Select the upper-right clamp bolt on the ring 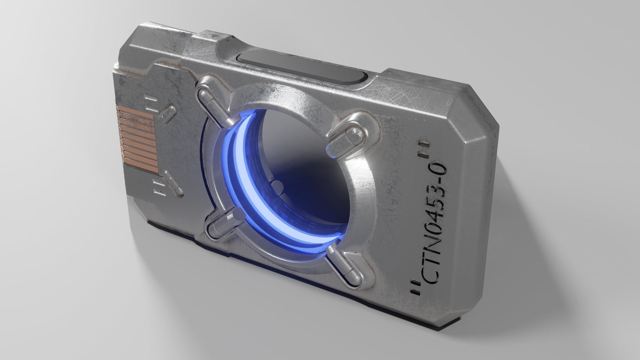[346, 137]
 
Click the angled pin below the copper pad [171, 181]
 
